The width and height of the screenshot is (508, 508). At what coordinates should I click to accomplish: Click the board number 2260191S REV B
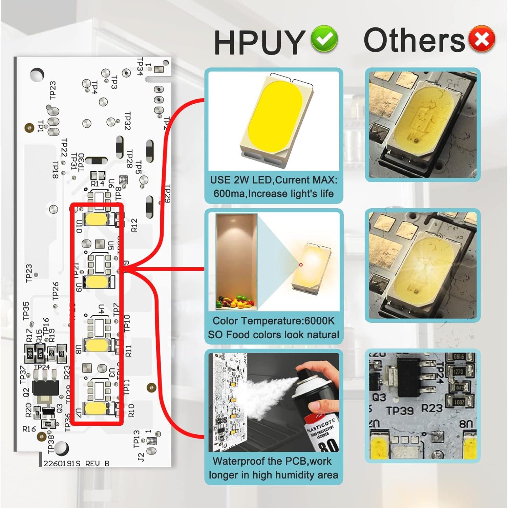[x=76, y=463]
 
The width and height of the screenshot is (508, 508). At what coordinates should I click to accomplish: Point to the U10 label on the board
[x=79, y=226]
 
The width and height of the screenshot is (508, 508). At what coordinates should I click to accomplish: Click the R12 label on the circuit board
[x=134, y=225]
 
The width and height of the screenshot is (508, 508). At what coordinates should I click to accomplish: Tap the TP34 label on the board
[x=140, y=66]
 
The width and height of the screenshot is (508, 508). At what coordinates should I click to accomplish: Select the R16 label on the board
[x=29, y=429]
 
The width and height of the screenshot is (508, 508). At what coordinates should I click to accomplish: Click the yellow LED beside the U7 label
[x=96, y=408]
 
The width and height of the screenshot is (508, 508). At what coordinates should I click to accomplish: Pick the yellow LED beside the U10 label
[x=96, y=219]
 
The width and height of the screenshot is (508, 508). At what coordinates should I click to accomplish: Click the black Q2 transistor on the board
[x=44, y=386]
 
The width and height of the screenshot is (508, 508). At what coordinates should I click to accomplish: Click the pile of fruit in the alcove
[x=236, y=302]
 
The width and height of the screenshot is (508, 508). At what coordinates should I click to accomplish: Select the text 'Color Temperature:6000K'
[x=273, y=321]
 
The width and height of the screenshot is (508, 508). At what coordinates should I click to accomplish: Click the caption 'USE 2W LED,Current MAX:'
[x=273, y=180]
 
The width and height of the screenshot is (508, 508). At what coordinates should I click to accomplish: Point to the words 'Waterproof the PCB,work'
[x=272, y=461]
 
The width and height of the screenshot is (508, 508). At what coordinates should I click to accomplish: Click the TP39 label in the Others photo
[x=400, y=410]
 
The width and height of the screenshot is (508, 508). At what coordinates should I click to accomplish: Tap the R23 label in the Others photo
[x=432, y=408]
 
